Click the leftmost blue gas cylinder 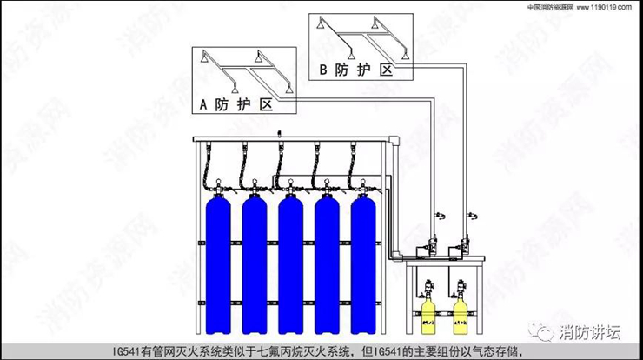tap(216, 261)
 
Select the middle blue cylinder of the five tap(291, 261)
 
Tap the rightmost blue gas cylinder tap(365, 261)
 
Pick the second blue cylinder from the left tap(254, 261)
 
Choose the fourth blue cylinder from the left tap(328, 261)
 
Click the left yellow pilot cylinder tap(428, 318)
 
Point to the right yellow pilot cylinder tap(461, 318)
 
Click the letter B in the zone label tap(324, 68)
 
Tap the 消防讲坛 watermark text tap(590, 331)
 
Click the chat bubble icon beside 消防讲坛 tap(545, 331)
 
